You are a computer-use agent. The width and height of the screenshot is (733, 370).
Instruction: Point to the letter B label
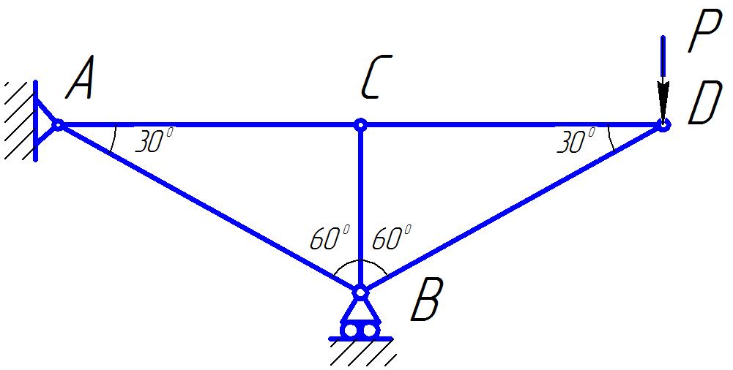tap(426, 301)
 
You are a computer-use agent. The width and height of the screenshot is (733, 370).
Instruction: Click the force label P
tap(704, 34)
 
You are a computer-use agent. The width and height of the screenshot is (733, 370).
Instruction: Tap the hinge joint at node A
tap(58, 125)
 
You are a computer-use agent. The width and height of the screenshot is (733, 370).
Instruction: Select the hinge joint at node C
tap(360, 125)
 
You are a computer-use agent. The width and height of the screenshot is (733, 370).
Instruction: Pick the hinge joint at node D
tap(663, 125)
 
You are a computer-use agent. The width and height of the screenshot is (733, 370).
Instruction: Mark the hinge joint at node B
tap(360, 292)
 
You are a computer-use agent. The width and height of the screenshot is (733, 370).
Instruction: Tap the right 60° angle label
tap(391, 238)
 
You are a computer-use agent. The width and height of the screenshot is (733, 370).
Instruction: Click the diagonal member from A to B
tap(209, 208)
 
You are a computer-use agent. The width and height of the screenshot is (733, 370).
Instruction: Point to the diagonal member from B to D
tap(513, 208)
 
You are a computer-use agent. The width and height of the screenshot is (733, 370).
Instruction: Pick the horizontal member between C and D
tap(513, 125)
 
